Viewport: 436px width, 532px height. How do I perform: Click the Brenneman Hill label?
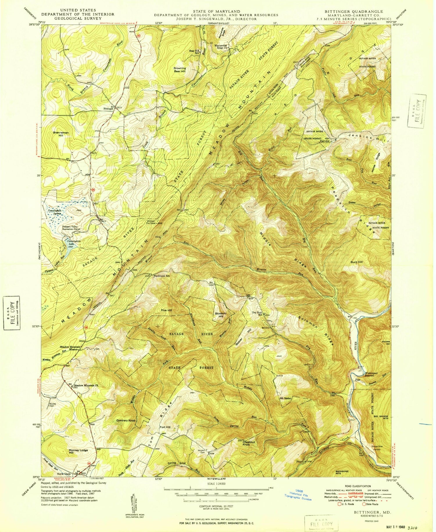(x=61, y=134)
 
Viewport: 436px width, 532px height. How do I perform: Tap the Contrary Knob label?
(x=126, y=420)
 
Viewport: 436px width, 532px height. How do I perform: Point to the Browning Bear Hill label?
(x=180, y=70)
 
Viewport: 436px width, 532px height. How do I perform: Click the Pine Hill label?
(x=167, y=310)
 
